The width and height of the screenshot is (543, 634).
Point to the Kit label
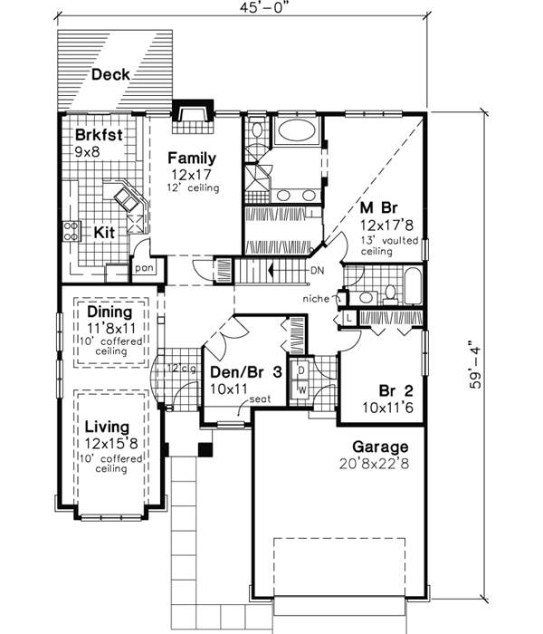pos(105,232)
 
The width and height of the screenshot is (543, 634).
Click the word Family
pos(190,158)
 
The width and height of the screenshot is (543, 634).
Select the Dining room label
pos(110,312)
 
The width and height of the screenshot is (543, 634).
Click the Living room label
pos(107,427)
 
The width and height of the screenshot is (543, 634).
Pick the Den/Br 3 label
pos(243,371)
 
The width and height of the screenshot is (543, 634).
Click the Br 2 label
pos(396,391)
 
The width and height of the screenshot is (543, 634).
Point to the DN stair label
pos(316,271)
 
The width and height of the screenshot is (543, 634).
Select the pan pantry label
pos(143,267)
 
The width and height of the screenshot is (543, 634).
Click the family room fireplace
pos(191,112)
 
